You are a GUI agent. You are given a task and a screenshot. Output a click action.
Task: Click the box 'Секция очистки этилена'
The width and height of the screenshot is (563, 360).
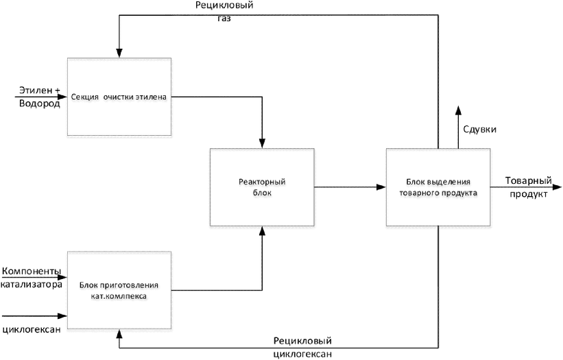point(119,97)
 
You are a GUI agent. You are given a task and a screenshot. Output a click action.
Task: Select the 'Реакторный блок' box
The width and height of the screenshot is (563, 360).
point(262,187)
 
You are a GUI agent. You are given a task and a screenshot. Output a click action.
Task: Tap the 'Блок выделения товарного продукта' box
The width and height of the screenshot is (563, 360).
point(438,187)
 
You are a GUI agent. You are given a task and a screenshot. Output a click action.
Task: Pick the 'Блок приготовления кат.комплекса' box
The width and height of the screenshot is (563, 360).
point(119,290)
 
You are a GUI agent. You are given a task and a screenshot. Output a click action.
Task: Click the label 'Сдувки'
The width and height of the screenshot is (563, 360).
point(480,129)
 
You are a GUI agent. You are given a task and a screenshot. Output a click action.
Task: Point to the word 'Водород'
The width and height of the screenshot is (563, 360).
point(40,104)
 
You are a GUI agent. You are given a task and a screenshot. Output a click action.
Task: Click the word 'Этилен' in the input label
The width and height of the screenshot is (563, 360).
point(36,90)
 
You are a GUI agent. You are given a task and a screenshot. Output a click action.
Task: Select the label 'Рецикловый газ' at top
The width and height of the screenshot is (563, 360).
point(224,12)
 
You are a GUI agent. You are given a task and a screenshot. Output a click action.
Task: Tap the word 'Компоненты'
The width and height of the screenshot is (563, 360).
point(32,271)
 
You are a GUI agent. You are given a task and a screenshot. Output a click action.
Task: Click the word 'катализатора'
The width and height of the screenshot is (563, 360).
point(32,285)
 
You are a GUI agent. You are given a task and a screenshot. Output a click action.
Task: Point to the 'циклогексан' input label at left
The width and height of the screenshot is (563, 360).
point(32,330)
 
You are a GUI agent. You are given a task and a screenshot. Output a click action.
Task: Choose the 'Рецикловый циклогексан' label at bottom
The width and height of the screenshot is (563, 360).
point(302,347)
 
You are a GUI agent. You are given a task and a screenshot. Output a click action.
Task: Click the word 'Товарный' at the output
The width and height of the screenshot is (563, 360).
point(529,180)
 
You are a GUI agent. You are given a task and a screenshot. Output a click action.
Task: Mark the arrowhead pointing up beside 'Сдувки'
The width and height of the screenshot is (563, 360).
point(458,110)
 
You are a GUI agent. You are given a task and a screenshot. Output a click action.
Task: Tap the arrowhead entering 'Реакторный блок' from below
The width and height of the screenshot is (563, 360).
point(262,230)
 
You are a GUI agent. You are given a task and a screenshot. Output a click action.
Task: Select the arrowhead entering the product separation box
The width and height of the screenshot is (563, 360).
point(382,187)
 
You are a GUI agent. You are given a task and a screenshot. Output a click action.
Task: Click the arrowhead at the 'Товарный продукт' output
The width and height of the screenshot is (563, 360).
point(558,187)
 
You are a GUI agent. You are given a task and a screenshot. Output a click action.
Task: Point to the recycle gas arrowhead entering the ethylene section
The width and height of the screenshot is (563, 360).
point(119,53)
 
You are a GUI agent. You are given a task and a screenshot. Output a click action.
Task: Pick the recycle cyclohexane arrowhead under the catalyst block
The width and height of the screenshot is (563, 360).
point(119,333)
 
